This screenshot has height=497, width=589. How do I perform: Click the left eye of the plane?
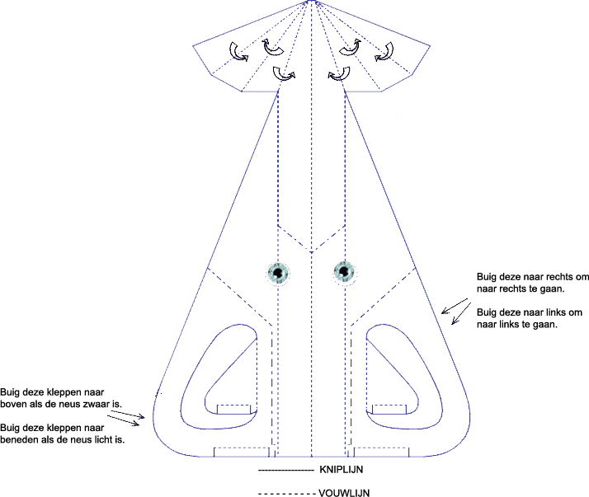pos(279,271)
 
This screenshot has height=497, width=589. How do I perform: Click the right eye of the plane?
pos(344,270)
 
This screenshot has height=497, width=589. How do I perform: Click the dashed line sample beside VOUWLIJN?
pos(285,493)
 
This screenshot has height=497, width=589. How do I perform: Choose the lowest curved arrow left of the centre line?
pos(285,75)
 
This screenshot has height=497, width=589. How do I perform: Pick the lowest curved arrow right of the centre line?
pos(337,75)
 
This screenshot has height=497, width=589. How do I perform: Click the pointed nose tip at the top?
pos(311,2)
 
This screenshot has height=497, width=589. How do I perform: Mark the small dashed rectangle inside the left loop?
pos(234,408)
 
